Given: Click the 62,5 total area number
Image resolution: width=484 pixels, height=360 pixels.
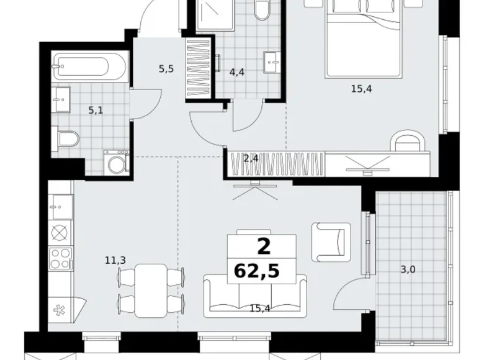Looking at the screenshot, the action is (257, 271).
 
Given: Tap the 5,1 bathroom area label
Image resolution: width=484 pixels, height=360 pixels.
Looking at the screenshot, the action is (96, 110).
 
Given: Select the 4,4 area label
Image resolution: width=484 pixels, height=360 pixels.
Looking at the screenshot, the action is (237, 72).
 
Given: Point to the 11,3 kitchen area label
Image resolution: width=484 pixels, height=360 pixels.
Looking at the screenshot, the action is (115, 261).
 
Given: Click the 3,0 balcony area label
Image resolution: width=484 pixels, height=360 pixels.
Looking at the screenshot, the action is (408, 270).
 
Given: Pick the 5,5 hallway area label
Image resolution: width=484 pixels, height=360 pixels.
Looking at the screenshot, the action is (166, 69).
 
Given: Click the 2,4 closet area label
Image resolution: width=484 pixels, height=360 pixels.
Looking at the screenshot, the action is (251, 159).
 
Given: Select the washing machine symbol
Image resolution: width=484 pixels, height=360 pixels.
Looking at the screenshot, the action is (117, 163).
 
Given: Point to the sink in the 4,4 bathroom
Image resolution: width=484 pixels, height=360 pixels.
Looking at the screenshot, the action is (272, 62).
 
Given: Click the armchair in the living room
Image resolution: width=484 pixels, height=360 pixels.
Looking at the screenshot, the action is (331, 242).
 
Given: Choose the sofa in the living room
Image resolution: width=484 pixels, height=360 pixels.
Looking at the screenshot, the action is (255, 297).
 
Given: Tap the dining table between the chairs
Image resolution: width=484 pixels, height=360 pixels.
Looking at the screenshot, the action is (151, 290).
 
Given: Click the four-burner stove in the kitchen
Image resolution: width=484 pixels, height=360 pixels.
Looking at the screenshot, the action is (61, 259).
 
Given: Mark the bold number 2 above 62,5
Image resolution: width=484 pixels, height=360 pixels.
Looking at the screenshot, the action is (264, 246).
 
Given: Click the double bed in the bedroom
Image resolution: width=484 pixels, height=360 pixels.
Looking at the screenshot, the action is (364, 38).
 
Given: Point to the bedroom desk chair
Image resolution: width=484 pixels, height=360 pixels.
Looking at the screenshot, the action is (408, 140).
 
